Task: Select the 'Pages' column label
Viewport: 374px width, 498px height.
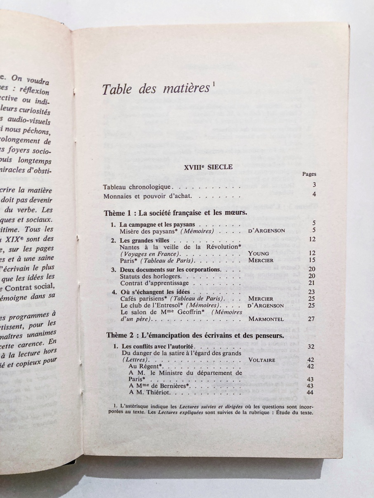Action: (x=309, y=174)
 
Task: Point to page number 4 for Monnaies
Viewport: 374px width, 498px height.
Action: (x=314, y=195)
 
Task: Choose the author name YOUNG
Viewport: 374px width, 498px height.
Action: (x=259, y=254)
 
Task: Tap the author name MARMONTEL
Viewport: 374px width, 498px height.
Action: (x=266, y=319)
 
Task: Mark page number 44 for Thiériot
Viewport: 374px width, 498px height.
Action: (x=311, y=392)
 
